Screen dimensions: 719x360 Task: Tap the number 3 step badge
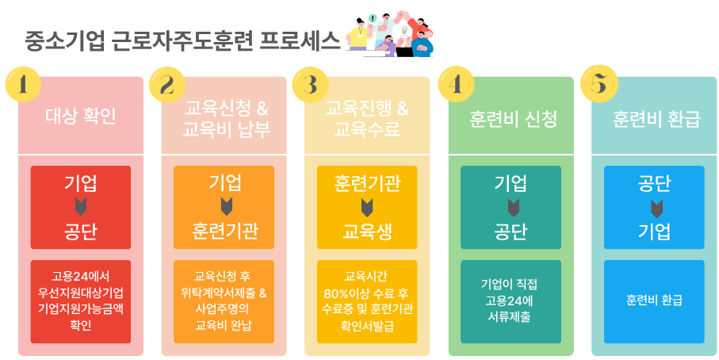312,85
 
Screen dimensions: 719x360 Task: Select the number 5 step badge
599,85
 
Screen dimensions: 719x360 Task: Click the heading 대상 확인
81,119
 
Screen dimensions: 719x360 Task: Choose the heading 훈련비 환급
656,119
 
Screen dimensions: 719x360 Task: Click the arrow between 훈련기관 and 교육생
367,208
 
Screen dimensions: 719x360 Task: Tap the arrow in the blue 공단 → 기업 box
655,208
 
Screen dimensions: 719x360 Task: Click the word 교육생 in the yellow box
367,232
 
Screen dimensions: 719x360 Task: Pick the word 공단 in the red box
81,232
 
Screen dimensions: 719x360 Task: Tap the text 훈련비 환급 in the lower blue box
655,301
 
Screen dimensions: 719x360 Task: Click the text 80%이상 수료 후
367,293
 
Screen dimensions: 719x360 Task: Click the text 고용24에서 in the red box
81,277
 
